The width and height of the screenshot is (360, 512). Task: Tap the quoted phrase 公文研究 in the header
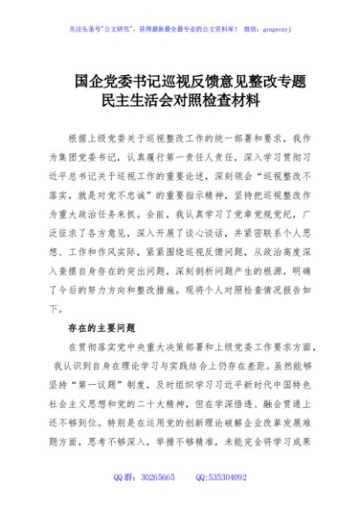point(124,27)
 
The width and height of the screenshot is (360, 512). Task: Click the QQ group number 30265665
point(168,478)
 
